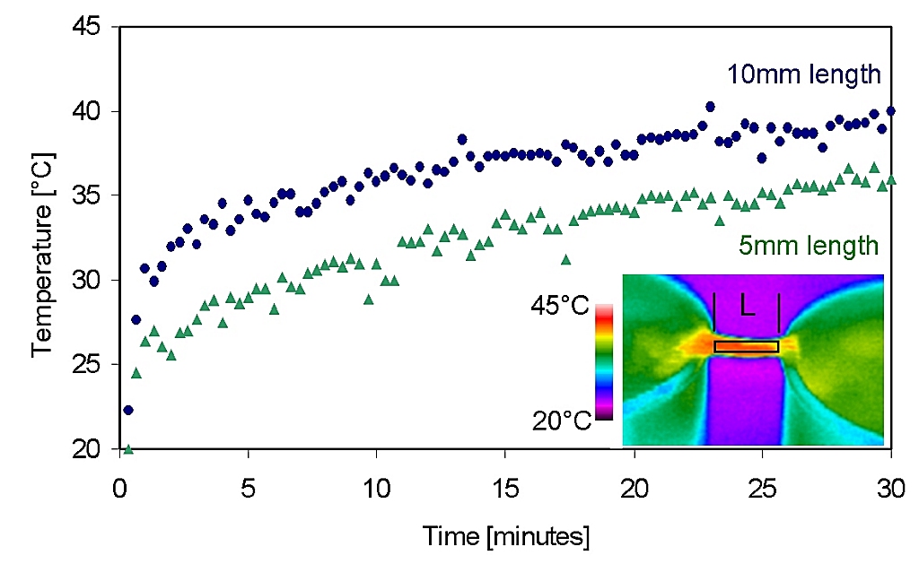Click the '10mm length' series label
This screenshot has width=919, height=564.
[x=806, y=74]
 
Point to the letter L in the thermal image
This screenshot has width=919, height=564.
[x=747, y=307]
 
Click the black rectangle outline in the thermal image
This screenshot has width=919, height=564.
[x=746, y=346]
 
